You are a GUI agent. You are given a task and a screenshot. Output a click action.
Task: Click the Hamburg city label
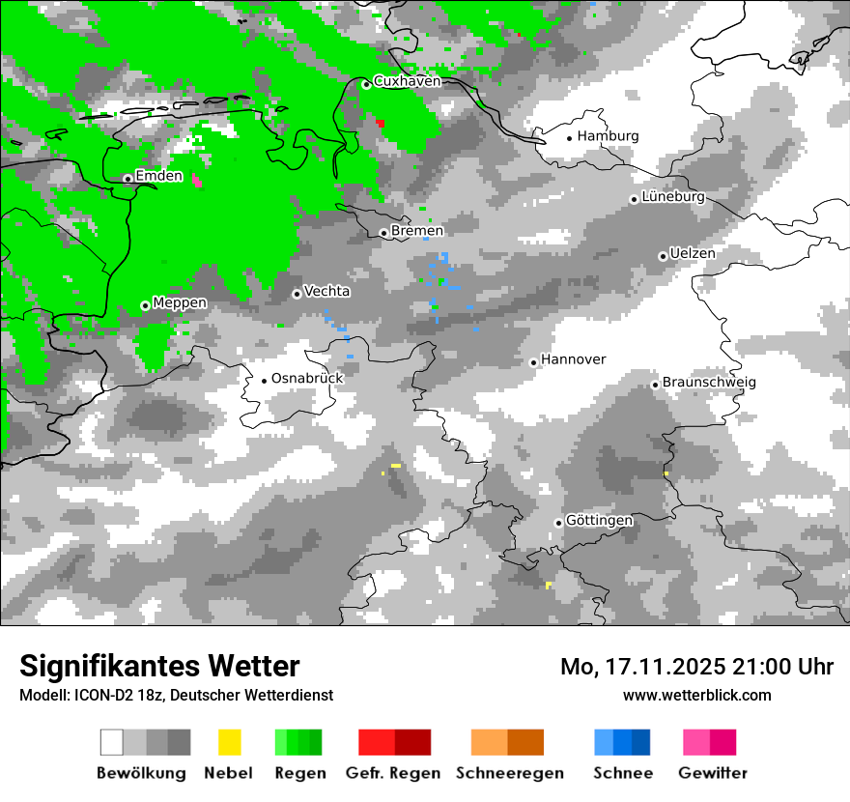pos(609,136)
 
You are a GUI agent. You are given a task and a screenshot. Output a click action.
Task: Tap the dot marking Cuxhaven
pos(366,84)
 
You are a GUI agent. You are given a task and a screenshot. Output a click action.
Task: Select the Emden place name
pos(158,176)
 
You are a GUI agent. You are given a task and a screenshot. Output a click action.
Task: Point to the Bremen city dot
pos(383,233)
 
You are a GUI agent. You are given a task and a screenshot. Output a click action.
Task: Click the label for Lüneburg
pos(673,197)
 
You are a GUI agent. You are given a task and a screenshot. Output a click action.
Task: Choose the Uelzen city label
pos(693,253)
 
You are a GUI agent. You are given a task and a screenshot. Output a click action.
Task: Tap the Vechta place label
pos(327,291)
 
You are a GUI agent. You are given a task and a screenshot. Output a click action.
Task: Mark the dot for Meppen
pos(145,305)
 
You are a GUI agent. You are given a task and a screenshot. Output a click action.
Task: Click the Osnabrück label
pos(307,378)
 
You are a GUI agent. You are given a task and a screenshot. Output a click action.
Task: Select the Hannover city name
pos(573,359)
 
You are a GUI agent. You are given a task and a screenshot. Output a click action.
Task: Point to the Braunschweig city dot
pos(655,385)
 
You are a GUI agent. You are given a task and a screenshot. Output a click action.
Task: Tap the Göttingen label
pos(599,521)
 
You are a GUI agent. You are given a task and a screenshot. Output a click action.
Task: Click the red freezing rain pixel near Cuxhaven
pos(381,123)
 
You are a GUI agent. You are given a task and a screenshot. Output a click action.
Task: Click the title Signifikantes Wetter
pos(159,666)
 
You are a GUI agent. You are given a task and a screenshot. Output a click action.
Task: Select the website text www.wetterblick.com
pos(697,695)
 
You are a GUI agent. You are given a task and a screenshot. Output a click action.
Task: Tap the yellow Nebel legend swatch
pos(229,742)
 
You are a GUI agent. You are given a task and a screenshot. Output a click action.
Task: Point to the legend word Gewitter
pos(713,773)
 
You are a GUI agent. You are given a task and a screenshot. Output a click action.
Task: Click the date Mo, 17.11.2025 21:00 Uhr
pos(696,667)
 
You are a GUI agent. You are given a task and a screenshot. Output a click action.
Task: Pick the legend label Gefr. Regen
pos(393,773)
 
